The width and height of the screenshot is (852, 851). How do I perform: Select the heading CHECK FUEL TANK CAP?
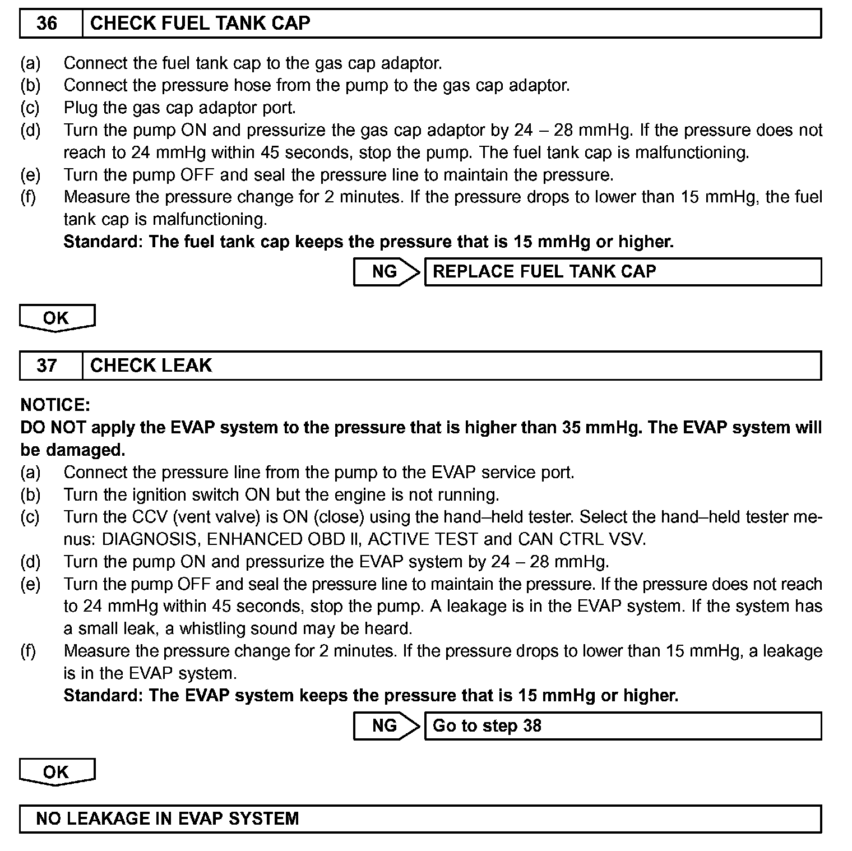click(x=200, y=24)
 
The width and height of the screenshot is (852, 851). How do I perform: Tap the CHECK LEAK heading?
click(x=151, y=366)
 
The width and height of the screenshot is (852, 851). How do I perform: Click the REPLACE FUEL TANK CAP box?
click(x=623, y=272)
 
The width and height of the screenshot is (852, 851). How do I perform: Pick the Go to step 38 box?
click(x=623, y=726)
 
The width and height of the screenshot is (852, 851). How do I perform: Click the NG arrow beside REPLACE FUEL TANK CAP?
click(x=386, y=272)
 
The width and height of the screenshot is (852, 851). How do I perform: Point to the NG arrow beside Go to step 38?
click(x=386, y=726)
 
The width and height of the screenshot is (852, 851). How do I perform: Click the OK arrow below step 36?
click(x=57, y=318)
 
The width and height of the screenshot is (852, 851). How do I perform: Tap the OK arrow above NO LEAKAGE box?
click(x=57, y=772)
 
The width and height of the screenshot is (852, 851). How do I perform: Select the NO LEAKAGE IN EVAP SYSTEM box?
click(x=420, y=818)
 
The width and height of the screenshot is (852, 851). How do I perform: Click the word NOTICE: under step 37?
click(x=55, y=405)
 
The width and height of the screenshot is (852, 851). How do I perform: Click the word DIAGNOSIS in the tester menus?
click(x=149, y=539)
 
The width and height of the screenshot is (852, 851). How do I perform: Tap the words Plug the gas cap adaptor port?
click(x=179, y=107)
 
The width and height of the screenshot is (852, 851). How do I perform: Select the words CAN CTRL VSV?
click(x=581, y=539)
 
